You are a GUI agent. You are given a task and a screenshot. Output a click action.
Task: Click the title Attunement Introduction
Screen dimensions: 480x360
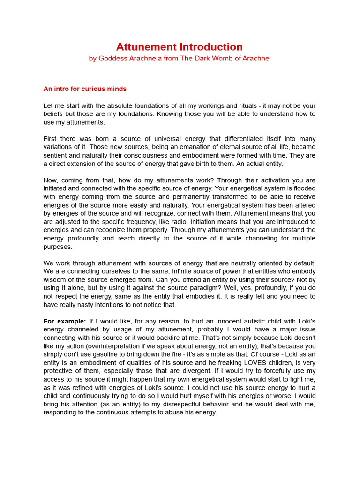[180, 47]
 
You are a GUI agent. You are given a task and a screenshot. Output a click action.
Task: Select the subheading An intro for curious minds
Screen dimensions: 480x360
[85, 89]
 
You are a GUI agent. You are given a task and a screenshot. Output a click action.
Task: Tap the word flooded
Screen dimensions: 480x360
[304, 188]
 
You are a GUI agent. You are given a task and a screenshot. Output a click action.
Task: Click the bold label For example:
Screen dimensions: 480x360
[64, 321]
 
